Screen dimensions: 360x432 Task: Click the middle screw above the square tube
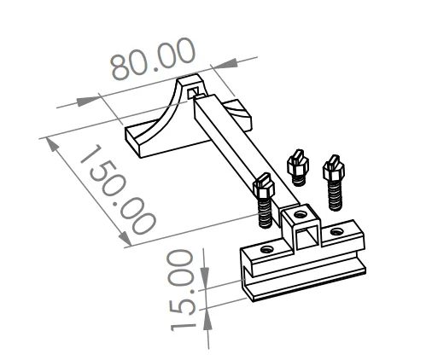297,166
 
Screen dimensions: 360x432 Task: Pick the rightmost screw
332,180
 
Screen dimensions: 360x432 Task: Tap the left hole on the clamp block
268,248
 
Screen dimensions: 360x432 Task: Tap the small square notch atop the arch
195,90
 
